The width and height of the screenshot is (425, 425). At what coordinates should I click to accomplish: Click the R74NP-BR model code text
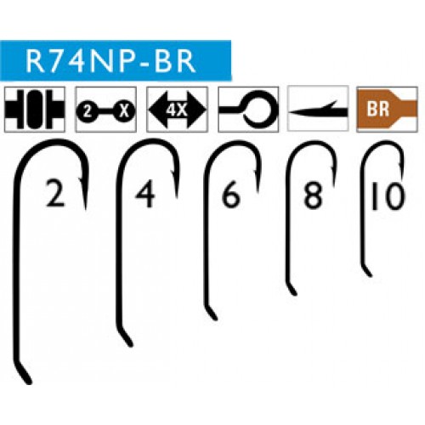coord(110,61)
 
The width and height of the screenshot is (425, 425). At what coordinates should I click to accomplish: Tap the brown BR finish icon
coord(387,110)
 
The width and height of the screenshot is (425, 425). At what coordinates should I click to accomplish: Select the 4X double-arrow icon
coord(177,110)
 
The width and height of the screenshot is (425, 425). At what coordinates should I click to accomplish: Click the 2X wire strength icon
coord(105,110)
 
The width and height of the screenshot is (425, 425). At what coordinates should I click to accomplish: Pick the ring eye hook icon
coord(248,110)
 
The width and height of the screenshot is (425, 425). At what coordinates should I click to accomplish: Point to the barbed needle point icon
coord(318,109)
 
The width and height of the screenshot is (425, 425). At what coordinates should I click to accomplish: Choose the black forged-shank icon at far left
coord(34,110)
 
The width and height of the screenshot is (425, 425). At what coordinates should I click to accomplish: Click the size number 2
coord(55,194)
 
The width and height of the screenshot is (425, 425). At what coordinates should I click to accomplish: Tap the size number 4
coord(146,194)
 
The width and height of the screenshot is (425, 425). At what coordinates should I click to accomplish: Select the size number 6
coord(230,194)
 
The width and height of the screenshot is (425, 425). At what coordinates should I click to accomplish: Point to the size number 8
coord(313,194)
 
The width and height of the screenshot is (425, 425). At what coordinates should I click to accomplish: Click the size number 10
coord(387,195)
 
